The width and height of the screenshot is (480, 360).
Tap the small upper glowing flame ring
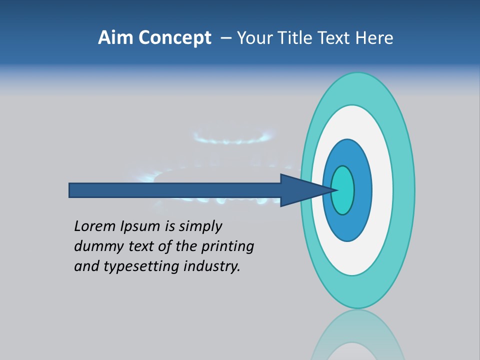click(x=233, y=137)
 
